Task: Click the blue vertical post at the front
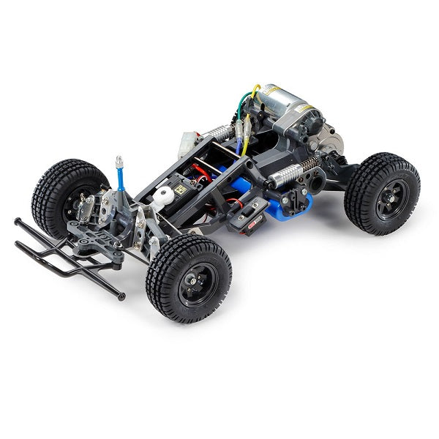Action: click(x=121, y=179)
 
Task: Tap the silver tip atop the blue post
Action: click(x=119, y=160)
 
